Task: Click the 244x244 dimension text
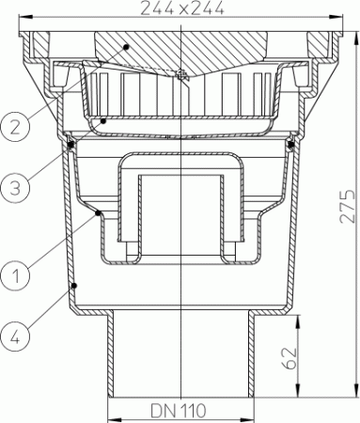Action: click(x=180, y=9)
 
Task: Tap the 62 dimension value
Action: click(x=291, y=358)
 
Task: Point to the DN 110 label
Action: click(x=180, y=411)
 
